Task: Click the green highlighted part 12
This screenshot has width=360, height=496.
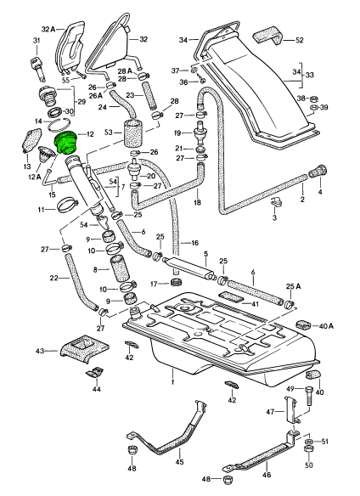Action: coord(65,143)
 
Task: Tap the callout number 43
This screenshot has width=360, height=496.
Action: coord(40,351)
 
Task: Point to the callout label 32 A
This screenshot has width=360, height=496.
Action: coord(48,30)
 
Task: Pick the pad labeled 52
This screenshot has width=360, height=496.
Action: coord(267,38)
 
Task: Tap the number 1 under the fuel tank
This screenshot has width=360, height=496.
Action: coord(172,382)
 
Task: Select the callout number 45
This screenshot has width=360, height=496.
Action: coord(179,462)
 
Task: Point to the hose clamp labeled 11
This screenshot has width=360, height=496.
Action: coord(67,205)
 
